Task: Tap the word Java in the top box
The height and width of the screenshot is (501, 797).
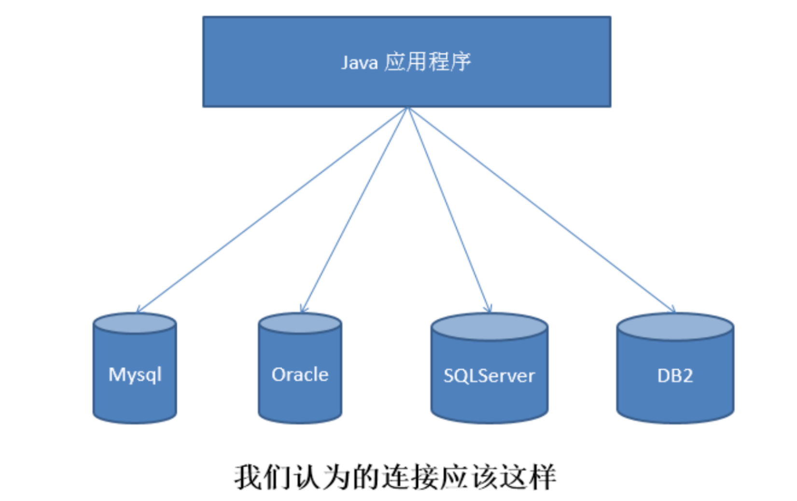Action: (359, 63)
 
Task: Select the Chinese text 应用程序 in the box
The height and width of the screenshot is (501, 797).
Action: (427, 62)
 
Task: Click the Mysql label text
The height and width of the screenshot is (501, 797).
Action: (135, 375)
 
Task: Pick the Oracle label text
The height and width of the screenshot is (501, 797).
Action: (300, 375)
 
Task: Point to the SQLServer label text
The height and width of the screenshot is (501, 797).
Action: (489, 376)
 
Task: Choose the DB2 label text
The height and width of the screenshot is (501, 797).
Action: (675, 376)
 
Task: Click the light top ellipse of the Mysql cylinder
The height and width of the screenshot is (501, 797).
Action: (135, 324)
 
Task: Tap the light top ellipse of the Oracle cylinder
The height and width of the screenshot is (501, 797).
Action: (300, 324)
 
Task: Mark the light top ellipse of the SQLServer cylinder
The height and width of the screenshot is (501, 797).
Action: (489, 327)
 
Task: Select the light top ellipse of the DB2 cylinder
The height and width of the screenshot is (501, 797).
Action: (675, 327)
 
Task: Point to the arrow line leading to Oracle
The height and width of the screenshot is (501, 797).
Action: (355, 210)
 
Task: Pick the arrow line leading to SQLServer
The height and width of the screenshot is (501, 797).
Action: (449, 210)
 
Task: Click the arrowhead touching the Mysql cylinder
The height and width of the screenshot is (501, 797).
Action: (139, 310)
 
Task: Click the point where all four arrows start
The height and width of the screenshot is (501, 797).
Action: (408, 108)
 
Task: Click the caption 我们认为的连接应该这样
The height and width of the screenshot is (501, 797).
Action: (395, 477)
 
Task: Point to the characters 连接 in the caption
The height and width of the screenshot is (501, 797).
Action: (409, 477)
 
